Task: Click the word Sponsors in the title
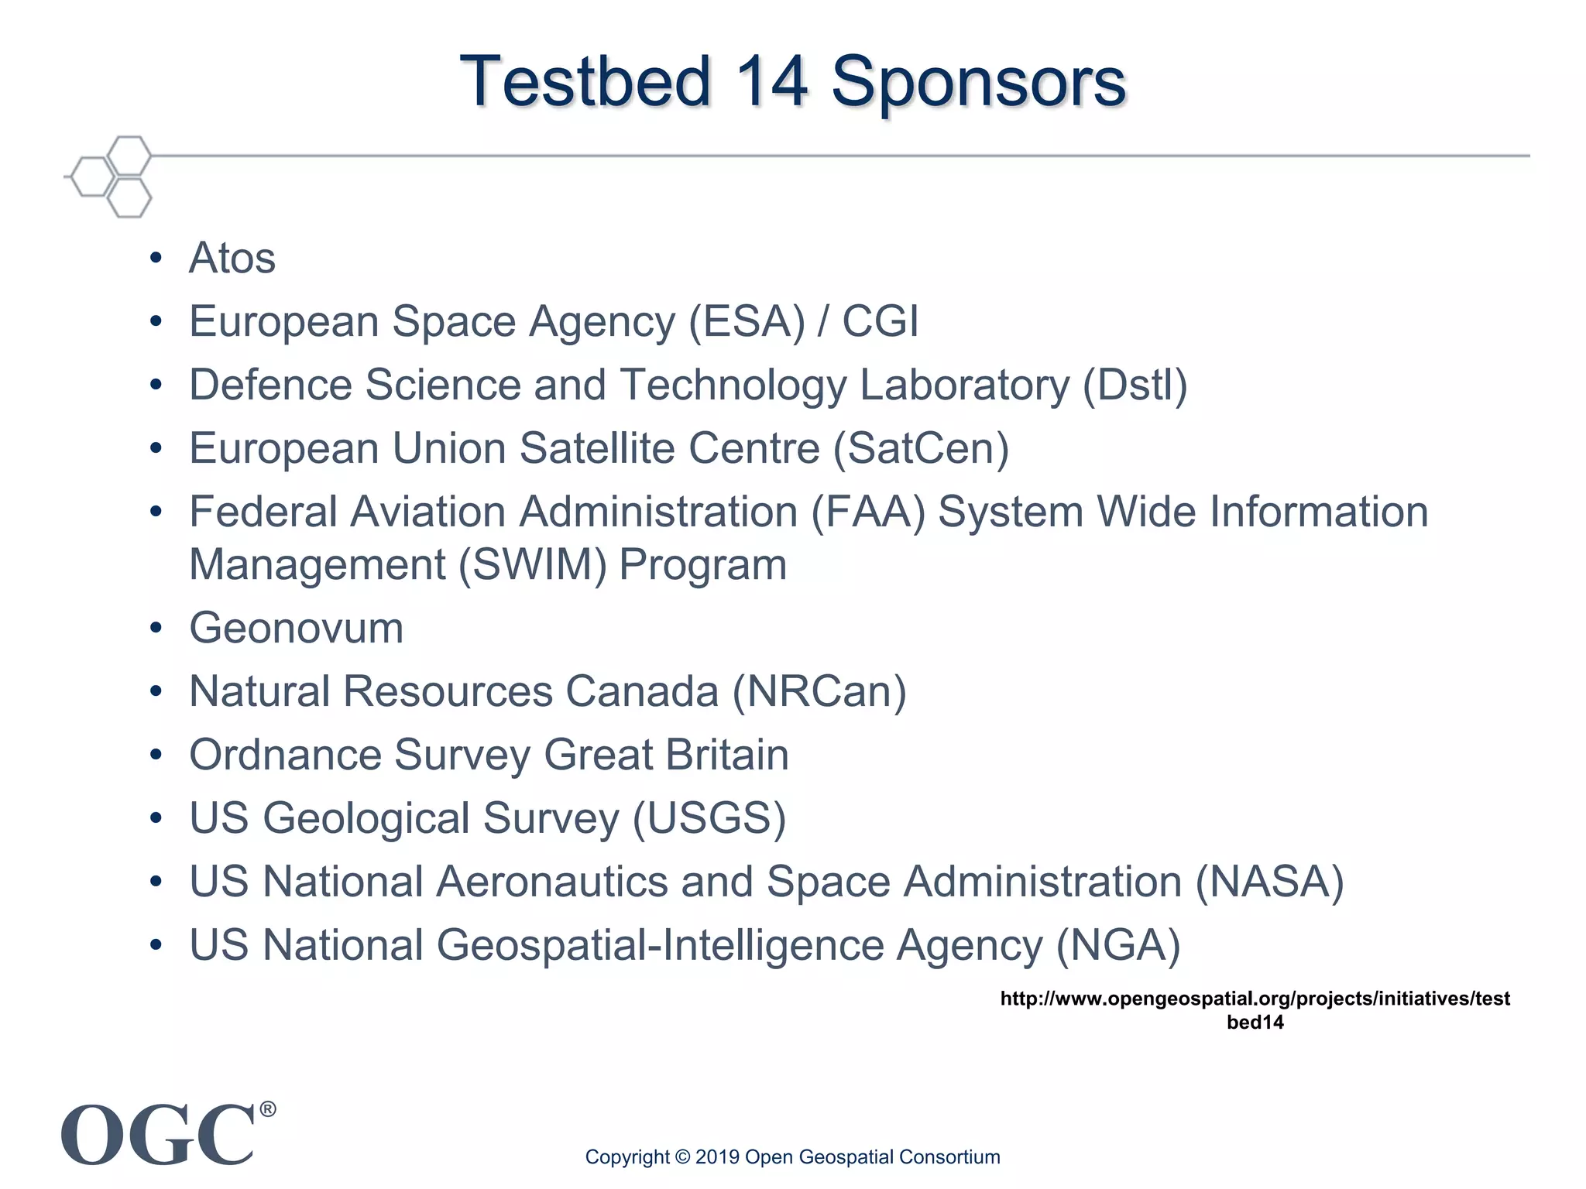pyautogui.click(x=978, y=83)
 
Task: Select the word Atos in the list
pyautogui.click(x=232, y=258)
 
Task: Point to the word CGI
pyautogui.click(x=880, y=321)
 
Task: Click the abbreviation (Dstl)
pyautogui.click(x=1135, y=385)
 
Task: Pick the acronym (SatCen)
pyautogui.click(x=921, y=449)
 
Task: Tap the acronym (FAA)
pyautogui.click(x=868, y=512)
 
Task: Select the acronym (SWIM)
pyautogui.click(x=533, y=565)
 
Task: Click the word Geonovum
pyautogui.click(x=297, y=628)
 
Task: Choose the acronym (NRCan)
pyautogui.click(x=819, y=692)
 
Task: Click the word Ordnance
pyautogui.click(x=286, y=755)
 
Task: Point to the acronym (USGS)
pyautogui.click(x=709, y=819)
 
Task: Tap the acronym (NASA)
pyautogui.click(x=1269, y=882)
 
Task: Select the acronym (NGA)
pyautogui.click(x=1118, y=946)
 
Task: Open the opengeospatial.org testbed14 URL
pyautogui.click(x=1255, y=1009)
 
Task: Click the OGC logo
pyautogui.click(x=159, y=1136)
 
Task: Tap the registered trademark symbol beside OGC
pyautogui.click(x=267, y=1110)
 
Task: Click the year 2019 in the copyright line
pyautogui.click(x=717, y=1157)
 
